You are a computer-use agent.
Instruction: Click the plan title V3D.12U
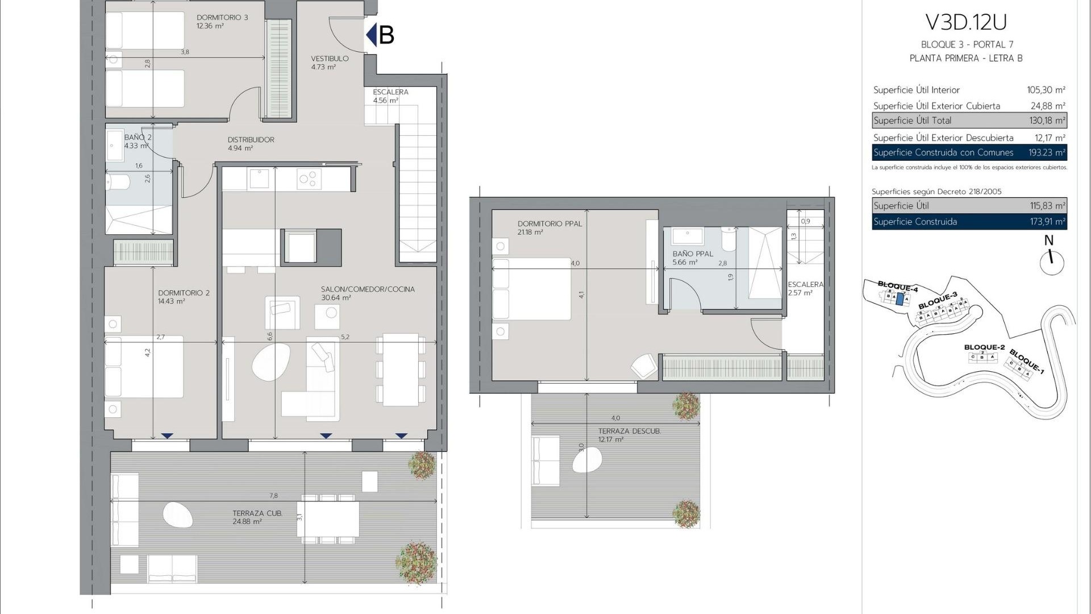tap(966, 22)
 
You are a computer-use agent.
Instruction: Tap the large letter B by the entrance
tap(386, 35)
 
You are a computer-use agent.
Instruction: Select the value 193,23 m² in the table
tap(1046, 152)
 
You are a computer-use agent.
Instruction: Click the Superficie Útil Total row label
tap(912, 121)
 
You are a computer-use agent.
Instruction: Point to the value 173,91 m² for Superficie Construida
tap(1047, 222)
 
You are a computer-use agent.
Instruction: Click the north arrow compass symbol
tap(1051, 262)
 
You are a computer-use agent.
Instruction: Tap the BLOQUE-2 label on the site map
tap(984, 347)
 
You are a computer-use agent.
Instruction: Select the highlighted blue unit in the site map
tap(899, 299)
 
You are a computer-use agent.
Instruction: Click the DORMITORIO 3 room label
tap(222, 18)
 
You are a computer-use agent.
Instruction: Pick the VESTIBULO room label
tap(330, 59)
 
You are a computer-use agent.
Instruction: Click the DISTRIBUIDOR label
tap(251, 140)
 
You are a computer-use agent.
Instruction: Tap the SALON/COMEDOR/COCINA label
tap(368, 289)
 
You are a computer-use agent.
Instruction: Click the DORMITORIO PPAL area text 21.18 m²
tap(530, 233)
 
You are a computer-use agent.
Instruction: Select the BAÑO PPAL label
tap(692, 254)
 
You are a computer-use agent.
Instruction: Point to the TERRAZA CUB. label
tap(257, 513)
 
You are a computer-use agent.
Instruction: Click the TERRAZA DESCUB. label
tap(629, 432)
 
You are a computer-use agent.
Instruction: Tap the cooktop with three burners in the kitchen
tap(309, 179)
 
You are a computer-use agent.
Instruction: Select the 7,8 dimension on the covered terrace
tap(273, 496)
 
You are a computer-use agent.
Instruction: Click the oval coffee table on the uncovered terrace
tap(587, 460)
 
